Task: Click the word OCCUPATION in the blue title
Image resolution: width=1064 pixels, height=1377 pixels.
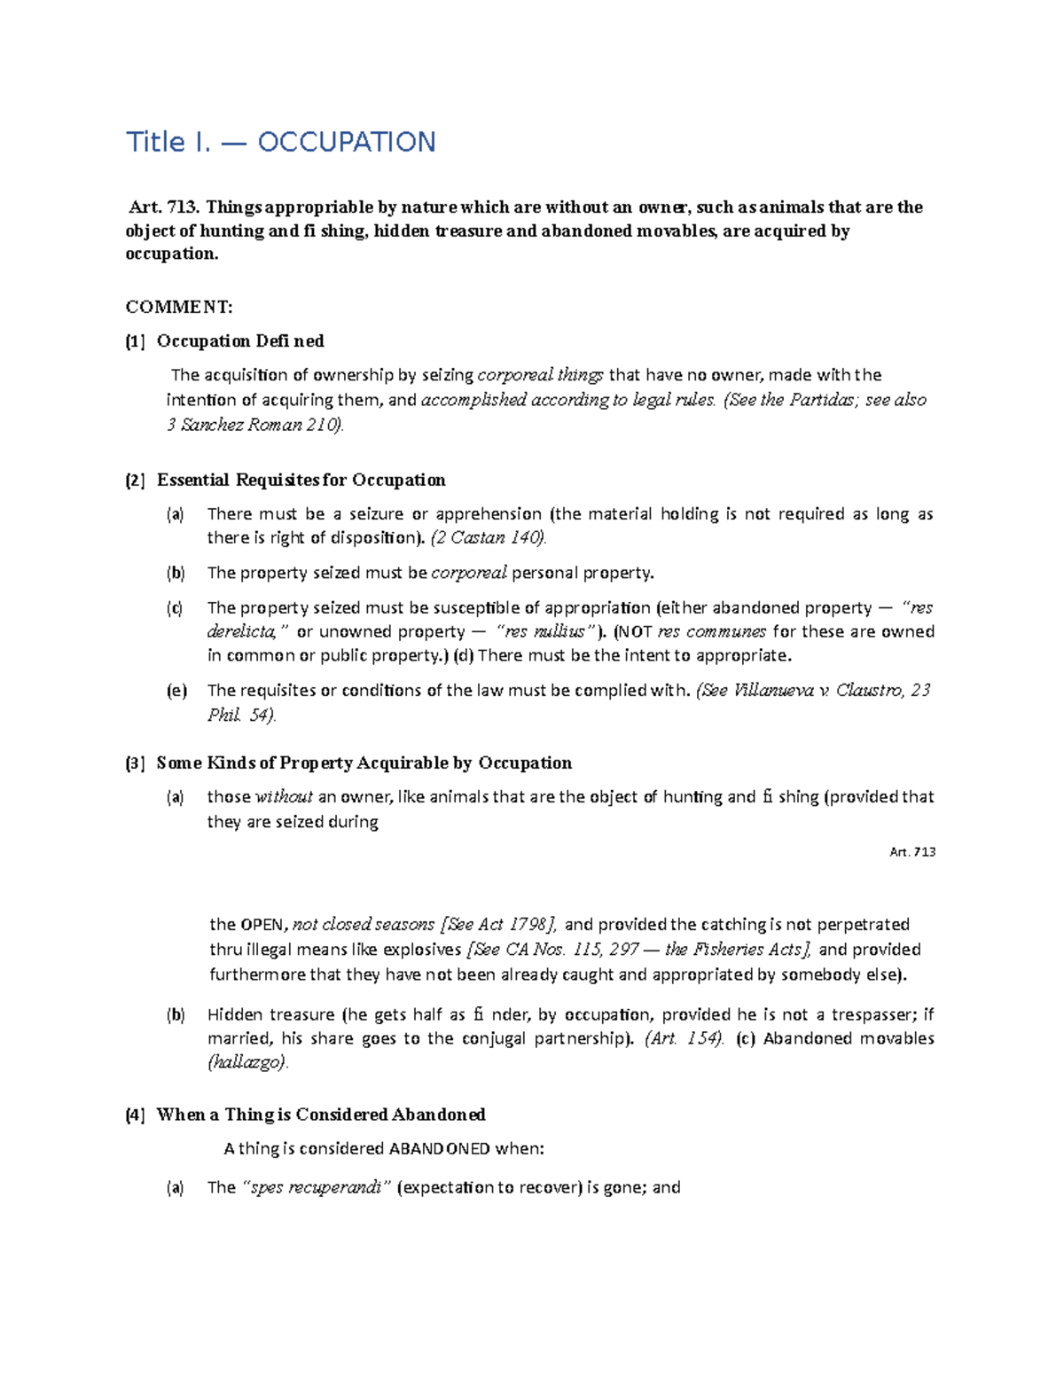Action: coord(346,142)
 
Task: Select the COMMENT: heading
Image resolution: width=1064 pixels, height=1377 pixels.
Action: coord(179,307)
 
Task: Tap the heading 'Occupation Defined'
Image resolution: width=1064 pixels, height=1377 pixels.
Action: coord(240,341)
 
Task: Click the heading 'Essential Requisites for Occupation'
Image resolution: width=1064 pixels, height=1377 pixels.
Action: coord(301,481)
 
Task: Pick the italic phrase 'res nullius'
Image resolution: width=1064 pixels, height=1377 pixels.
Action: coord(544,632)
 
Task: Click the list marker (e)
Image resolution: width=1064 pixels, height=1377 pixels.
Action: coord(176,691)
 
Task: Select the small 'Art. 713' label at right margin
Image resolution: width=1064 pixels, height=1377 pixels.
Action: coord(912,852)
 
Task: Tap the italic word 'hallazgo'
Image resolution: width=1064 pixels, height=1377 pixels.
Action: coord(247,1063)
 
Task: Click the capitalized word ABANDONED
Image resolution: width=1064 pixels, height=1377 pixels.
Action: coord(439,1149)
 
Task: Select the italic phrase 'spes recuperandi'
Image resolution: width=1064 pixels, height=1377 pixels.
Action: coord(315,1188)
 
